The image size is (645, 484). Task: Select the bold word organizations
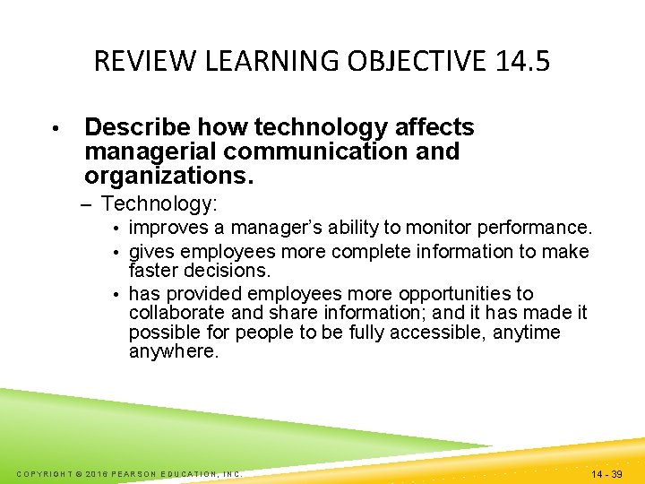pos(169,175)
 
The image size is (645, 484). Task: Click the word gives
pos(150,252)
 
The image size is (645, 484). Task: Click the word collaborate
pos(175,313)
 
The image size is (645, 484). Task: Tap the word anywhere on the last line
pos(173,351)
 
